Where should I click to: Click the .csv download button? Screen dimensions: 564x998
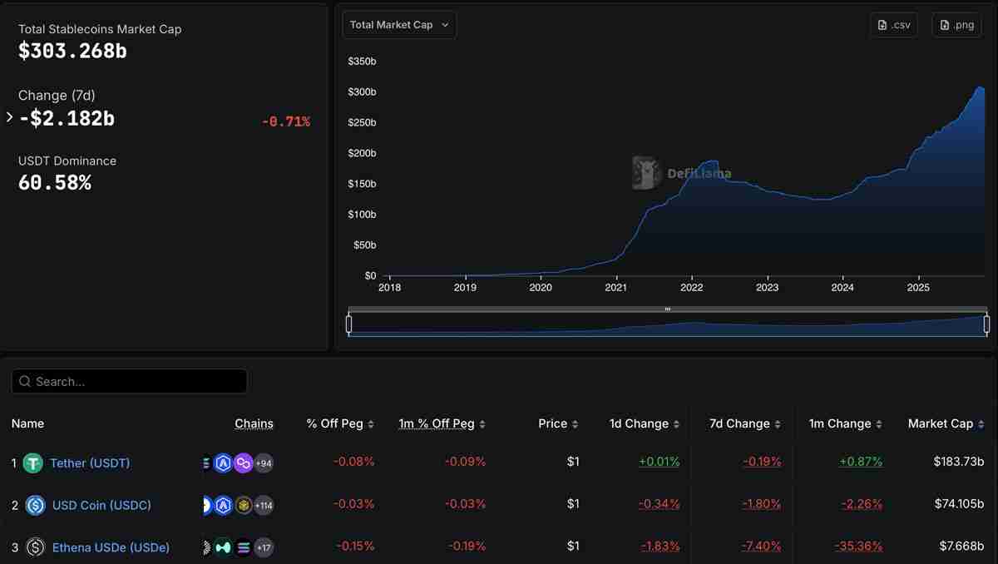894,25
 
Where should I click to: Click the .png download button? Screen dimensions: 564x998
956,25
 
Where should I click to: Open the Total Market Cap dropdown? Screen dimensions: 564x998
399,25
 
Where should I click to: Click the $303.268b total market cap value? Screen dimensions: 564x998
72,51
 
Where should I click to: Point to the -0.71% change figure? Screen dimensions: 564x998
285,122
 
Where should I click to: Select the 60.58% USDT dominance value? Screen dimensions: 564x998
55,182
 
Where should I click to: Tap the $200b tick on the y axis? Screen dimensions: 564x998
362,153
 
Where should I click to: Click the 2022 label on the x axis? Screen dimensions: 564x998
691,288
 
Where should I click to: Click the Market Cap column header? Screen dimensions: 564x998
940,423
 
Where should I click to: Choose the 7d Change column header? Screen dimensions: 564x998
739,423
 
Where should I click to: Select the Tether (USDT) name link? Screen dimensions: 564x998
90,463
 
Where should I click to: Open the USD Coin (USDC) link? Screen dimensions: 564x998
101,505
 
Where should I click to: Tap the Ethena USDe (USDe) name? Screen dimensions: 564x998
111,547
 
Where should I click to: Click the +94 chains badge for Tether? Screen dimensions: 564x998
264,463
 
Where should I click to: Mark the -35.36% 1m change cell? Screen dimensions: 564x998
858,546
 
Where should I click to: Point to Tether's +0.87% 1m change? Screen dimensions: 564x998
861,461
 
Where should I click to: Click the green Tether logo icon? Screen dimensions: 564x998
32,463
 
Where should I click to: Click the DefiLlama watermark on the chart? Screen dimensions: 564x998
682,173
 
